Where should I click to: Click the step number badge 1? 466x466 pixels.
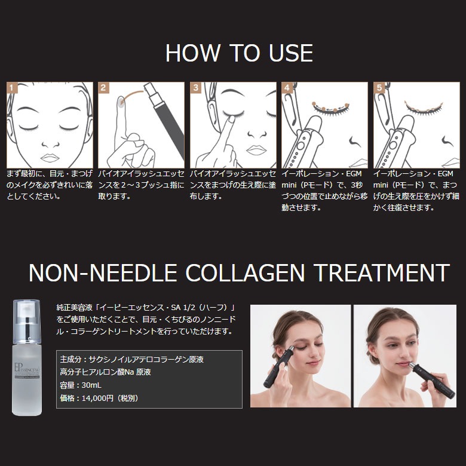[x=12, y=88]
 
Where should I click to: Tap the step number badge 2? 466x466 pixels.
[x=104, y=88]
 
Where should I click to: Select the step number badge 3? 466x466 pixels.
[x=195, y=88]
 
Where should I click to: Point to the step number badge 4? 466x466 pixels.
[x=287, y=88]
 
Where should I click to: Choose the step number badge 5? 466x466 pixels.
[x=379, y=88]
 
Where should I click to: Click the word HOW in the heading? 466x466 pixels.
[x=193, y=53]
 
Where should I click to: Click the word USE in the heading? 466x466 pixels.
[x=291, y=53]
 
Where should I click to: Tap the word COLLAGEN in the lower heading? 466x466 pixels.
[x=245, y=272]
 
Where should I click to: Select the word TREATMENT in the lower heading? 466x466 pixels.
[x=381, y=272]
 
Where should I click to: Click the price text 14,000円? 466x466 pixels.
[x=97, y=398]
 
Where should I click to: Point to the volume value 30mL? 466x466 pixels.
[x=91, y=385]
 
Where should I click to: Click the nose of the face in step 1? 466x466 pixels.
[x=50, y=145]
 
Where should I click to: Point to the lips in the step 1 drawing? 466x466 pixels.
[x=50, y=158]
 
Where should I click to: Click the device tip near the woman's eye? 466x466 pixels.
[x=291, y=348]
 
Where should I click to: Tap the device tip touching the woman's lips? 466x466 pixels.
[x=412, y=365]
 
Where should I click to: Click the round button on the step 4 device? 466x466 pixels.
[x=301, y=146]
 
